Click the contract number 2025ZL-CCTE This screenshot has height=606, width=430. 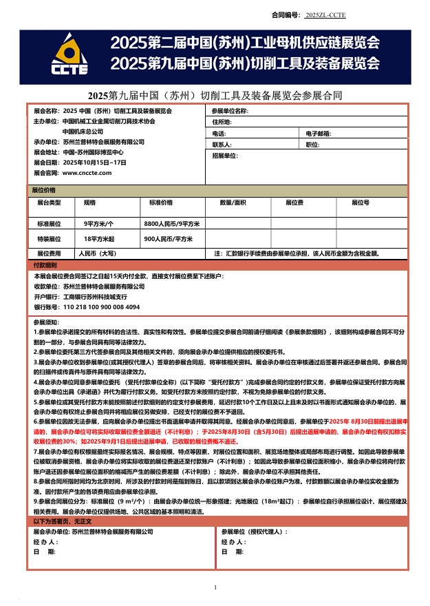(x=325, y=14)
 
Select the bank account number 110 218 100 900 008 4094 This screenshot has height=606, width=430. (x=101, y=306)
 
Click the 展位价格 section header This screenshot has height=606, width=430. (x=45, y=189)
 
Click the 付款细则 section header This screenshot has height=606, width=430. (x=45, y=265)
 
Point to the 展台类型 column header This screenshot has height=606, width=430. (x=50, y=203)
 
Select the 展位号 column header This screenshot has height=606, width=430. (x=361, y=203)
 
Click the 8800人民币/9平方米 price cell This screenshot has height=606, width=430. (x=171, y=224)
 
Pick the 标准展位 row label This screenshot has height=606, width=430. (x=50, y=224)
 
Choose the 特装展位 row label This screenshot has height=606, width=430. (x=50, y=239)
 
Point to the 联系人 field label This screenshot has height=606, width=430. (x=222, y=145)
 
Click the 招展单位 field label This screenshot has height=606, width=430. (x=225, y=156)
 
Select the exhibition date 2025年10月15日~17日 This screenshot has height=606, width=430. (x=95, y=163)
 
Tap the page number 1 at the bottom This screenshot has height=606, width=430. (x=215, y=587)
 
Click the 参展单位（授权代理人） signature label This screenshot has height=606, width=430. (x=254, y=532)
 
